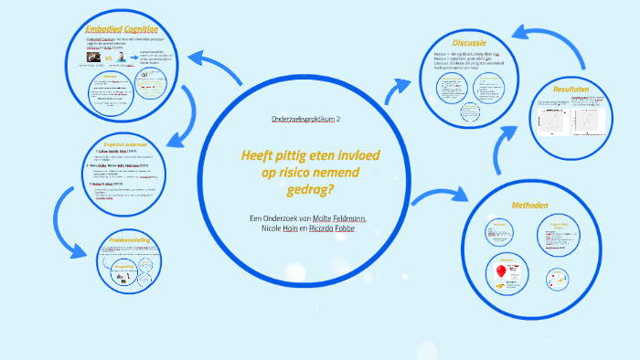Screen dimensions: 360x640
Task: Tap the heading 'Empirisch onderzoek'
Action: coord(133,144)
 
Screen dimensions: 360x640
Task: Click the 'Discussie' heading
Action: coord(469,44)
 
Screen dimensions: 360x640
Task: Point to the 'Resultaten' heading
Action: coord(571,90)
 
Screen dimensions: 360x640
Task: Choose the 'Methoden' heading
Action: coord(528,205)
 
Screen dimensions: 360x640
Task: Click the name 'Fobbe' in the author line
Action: coord(345,228)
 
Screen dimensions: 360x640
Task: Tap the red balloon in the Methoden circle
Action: coord(501,272)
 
